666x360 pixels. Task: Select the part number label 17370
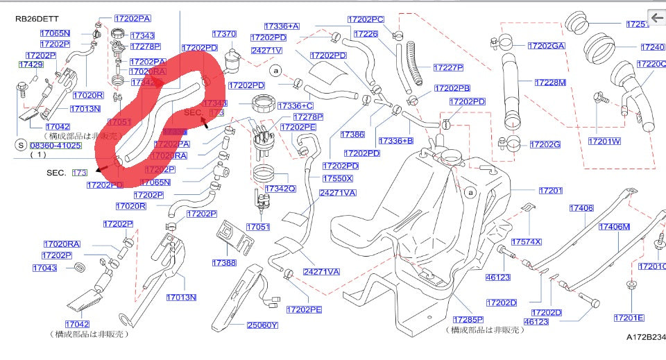[225, 33]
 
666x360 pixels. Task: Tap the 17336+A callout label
[281, 26]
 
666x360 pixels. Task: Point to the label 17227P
[448, 67]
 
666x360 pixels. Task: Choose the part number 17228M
[550, 82]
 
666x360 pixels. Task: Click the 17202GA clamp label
[546, 46]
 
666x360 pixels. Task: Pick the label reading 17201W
[605, 142]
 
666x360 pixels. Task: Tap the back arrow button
[656, 17]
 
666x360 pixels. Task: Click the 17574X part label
[527, 241]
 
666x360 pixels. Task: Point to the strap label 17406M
[614, 227]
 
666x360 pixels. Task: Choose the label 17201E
[629, 318]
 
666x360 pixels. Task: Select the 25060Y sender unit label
[262, 325]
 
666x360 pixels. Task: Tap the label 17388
[225, 263]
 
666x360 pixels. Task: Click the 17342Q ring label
[280, 188]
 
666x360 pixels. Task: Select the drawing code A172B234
[645, 337]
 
